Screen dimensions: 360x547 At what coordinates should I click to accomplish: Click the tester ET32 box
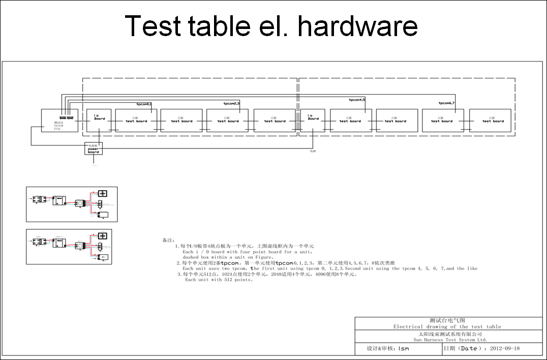tap(59, 121)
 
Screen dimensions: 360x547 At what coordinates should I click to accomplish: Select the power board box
tap(94, 148)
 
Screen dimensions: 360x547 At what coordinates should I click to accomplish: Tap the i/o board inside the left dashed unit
tap(99, 121)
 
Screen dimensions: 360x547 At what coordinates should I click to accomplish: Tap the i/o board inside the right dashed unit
tap(313, 121)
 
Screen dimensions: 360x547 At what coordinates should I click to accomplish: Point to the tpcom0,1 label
tap(144, 104)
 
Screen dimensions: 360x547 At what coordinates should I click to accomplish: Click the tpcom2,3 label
tap(231, 103)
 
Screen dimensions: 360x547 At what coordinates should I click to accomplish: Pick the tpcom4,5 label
tap(357, 100)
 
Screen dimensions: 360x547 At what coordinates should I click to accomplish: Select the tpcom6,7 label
tap(447, 103)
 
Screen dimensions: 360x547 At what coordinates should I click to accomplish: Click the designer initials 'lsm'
tap(404, 349)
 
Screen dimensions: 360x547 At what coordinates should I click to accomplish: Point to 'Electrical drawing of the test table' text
tap(447, 326)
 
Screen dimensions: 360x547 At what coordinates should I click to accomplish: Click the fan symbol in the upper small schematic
tap(102, 193)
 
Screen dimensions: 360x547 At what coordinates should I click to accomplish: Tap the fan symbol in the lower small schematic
tap(102, 236)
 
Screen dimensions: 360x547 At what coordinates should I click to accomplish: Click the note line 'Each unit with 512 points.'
tap(219, 280)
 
